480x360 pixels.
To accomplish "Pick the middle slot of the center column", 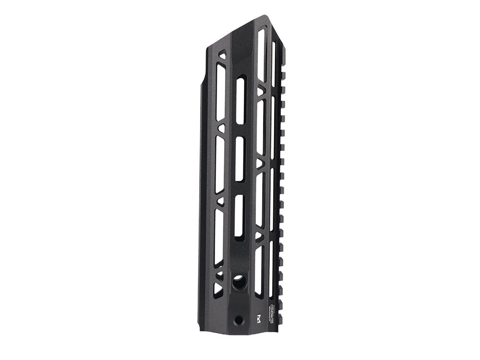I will point(240,158).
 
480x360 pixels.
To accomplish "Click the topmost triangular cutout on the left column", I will point(221,57).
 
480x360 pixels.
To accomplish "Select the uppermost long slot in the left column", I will point(220,91).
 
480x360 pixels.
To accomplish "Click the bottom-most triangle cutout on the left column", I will point(218,288).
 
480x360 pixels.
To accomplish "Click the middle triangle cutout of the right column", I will point(260,164).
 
